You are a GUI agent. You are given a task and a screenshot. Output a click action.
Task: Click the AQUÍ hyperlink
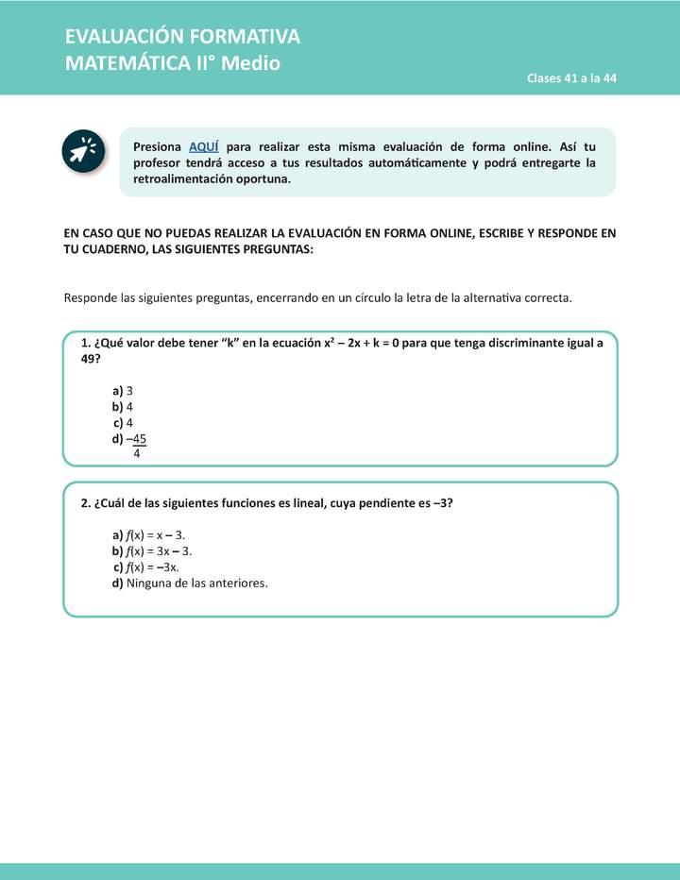(204, 146)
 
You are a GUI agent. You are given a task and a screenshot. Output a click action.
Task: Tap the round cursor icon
(83, 150)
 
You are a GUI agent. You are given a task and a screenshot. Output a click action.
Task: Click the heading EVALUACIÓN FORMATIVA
(182, 37)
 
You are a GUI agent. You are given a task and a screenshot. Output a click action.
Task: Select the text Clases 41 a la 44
(571, 78)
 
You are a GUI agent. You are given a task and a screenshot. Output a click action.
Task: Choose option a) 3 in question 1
(123, 390)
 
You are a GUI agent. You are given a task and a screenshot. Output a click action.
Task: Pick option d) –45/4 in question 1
(130, 440)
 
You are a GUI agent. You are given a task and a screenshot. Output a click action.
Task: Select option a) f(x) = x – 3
(148, 534)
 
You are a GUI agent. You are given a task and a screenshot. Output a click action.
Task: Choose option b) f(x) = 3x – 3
(152, 550)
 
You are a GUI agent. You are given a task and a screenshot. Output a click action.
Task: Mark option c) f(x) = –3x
(146, 567)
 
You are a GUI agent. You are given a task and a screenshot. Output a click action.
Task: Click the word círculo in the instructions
(367, 297)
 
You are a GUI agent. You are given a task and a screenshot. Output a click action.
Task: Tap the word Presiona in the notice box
(158, 146)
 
